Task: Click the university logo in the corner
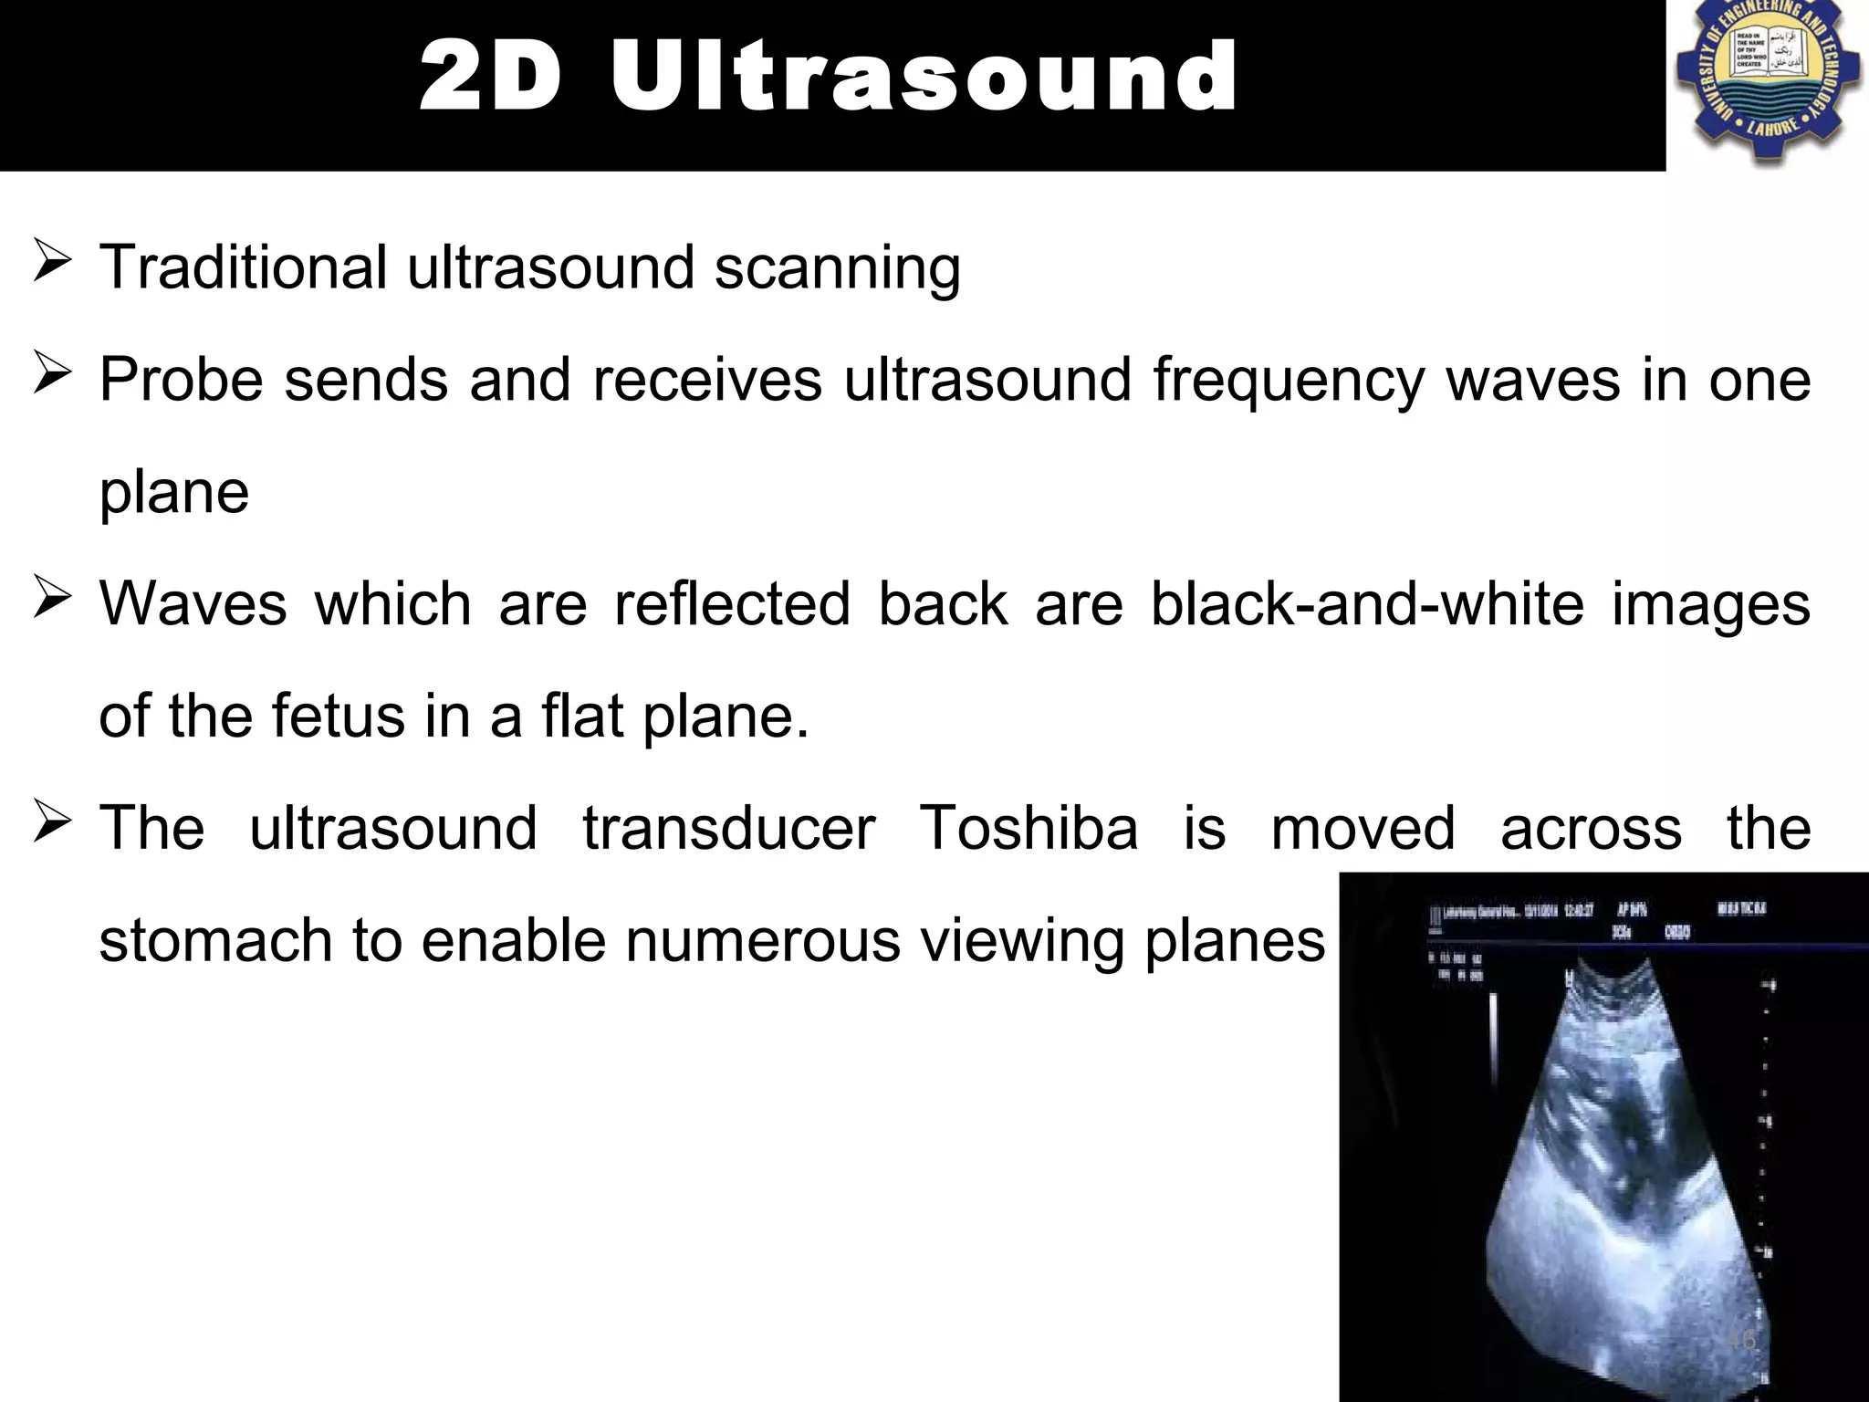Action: [1768, 83]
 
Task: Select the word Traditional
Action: [243, 267]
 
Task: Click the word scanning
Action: [837, 269]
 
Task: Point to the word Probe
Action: [181, 380]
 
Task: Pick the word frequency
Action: [1288, 380]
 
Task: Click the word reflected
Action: [732, 604]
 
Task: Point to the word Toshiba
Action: [1028, 829]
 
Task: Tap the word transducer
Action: [728, 829]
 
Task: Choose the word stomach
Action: [215, 941]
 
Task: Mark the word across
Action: [1591, 829]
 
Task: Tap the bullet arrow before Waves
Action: [52, 599]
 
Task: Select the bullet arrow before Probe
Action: [52, 374]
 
